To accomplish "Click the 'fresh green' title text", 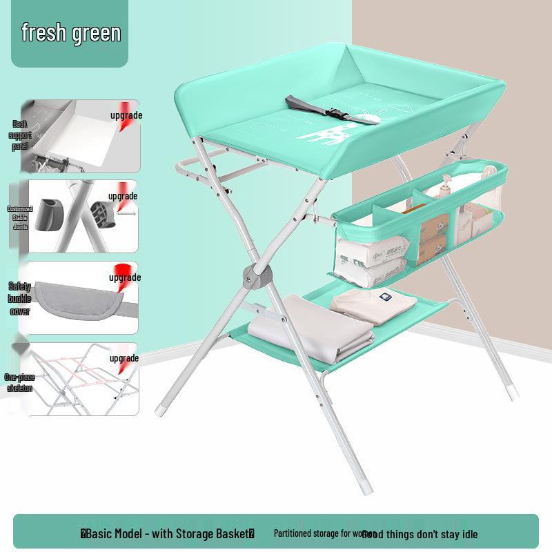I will (x=71, y=33).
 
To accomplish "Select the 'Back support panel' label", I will (x=20, y=136).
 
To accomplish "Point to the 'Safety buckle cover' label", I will (x=20, y=298).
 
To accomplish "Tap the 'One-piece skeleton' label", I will (x=19, y=383).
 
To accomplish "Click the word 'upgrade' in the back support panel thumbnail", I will (x=126, y=115).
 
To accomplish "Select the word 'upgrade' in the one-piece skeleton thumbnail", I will (x=124, y=358).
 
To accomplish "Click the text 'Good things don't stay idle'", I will (x=420, y=533).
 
